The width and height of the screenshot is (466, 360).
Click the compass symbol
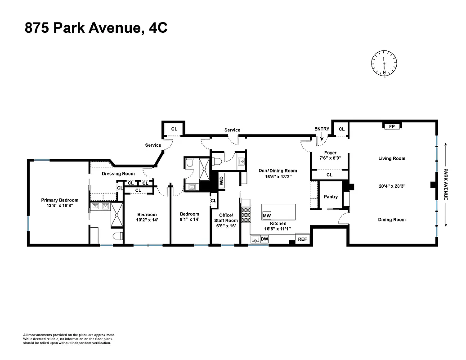pos(384,63)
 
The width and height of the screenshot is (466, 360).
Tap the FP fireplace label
pos(392,126)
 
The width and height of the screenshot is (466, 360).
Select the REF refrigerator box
pos(302,239)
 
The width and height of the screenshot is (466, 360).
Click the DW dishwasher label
pos(264,239)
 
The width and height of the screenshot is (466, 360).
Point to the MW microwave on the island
pos(267,216)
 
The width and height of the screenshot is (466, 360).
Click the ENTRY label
pos(322,129)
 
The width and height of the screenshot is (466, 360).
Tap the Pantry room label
pos(331,197)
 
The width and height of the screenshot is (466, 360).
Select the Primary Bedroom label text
pos(60,200)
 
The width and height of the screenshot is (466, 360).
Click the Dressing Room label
pos(118,174)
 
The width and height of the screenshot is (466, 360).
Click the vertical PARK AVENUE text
pos(446,184)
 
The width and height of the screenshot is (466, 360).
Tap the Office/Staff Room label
pos(225,218)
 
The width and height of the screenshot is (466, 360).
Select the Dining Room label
pos(391,220)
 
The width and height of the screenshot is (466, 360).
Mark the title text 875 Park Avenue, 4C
pos(96,28)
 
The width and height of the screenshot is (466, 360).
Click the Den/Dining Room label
pos(278,171)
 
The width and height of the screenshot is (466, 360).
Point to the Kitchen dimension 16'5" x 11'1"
pos(278,229)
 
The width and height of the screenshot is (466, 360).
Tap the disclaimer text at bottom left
pos(69,339)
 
